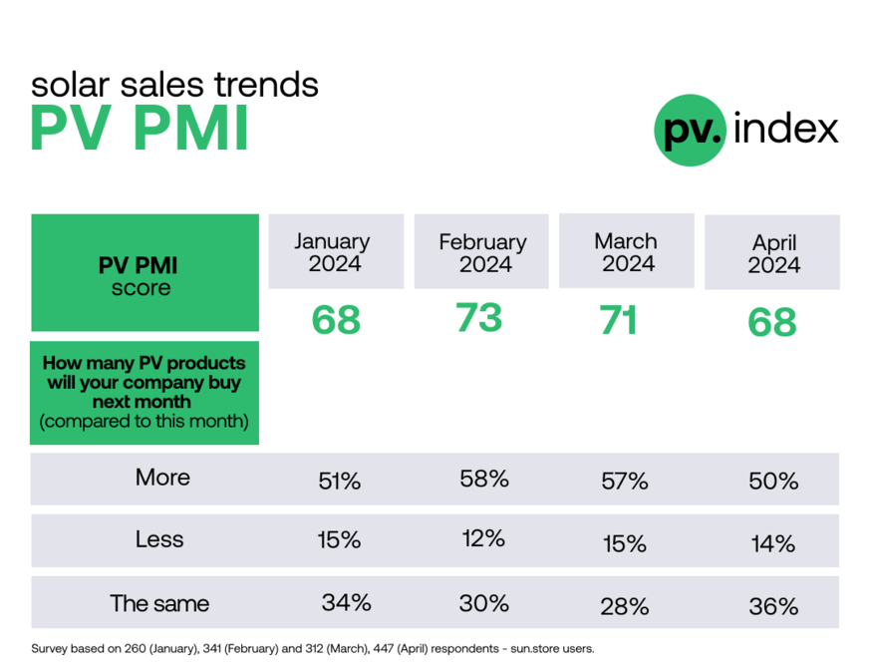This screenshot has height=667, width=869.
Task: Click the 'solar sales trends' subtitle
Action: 174,84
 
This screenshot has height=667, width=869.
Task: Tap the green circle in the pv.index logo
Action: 691,130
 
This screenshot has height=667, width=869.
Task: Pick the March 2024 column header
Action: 626,252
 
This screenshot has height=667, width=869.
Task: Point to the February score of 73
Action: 478,318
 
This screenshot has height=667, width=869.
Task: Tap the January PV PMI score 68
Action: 336,321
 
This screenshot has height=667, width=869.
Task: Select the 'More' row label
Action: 162,478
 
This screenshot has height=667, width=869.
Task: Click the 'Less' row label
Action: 159,539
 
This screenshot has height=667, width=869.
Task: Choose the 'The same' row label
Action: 159,603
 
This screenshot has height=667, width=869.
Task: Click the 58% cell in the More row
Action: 484,478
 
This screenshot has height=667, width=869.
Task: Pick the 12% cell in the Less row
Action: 483,539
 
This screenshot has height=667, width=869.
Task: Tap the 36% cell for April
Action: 773,606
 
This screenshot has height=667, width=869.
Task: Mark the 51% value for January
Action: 339,482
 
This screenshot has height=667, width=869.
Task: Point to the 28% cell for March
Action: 625,606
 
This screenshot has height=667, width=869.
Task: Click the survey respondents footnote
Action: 313,648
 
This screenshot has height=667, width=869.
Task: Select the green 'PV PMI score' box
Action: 145,272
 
